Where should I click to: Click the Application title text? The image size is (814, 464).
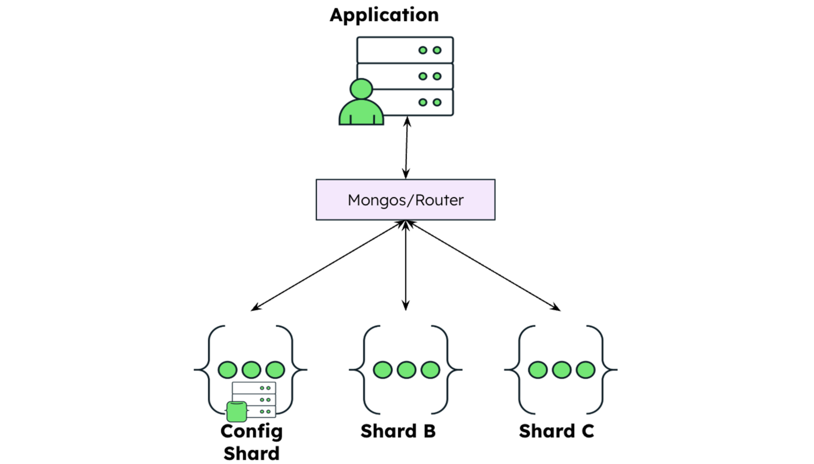[x=384, y=15]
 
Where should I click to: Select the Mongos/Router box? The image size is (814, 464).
[x=405, y=200]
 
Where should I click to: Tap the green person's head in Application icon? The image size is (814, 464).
[x=361, y=89]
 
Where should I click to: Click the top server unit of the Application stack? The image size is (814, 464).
[x=405, y=50]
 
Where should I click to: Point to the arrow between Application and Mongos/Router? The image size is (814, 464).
[x=406, y=147]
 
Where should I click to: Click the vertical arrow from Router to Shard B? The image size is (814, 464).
[x=405, y=265]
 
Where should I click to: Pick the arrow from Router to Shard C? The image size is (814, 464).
[x=484, y=265]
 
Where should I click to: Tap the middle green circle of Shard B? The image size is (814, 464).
[x=407, y=370]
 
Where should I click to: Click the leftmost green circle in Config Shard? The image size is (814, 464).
[x=228, y=370]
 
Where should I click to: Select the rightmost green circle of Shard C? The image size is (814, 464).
[x=586, y=370]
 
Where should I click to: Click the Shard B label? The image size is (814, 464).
[x=398, y=431]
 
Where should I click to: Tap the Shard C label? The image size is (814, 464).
[x=556, y=431]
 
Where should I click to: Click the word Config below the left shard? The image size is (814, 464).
[x=251, y=431]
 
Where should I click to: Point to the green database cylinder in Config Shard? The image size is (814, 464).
[x=237, y=412]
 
